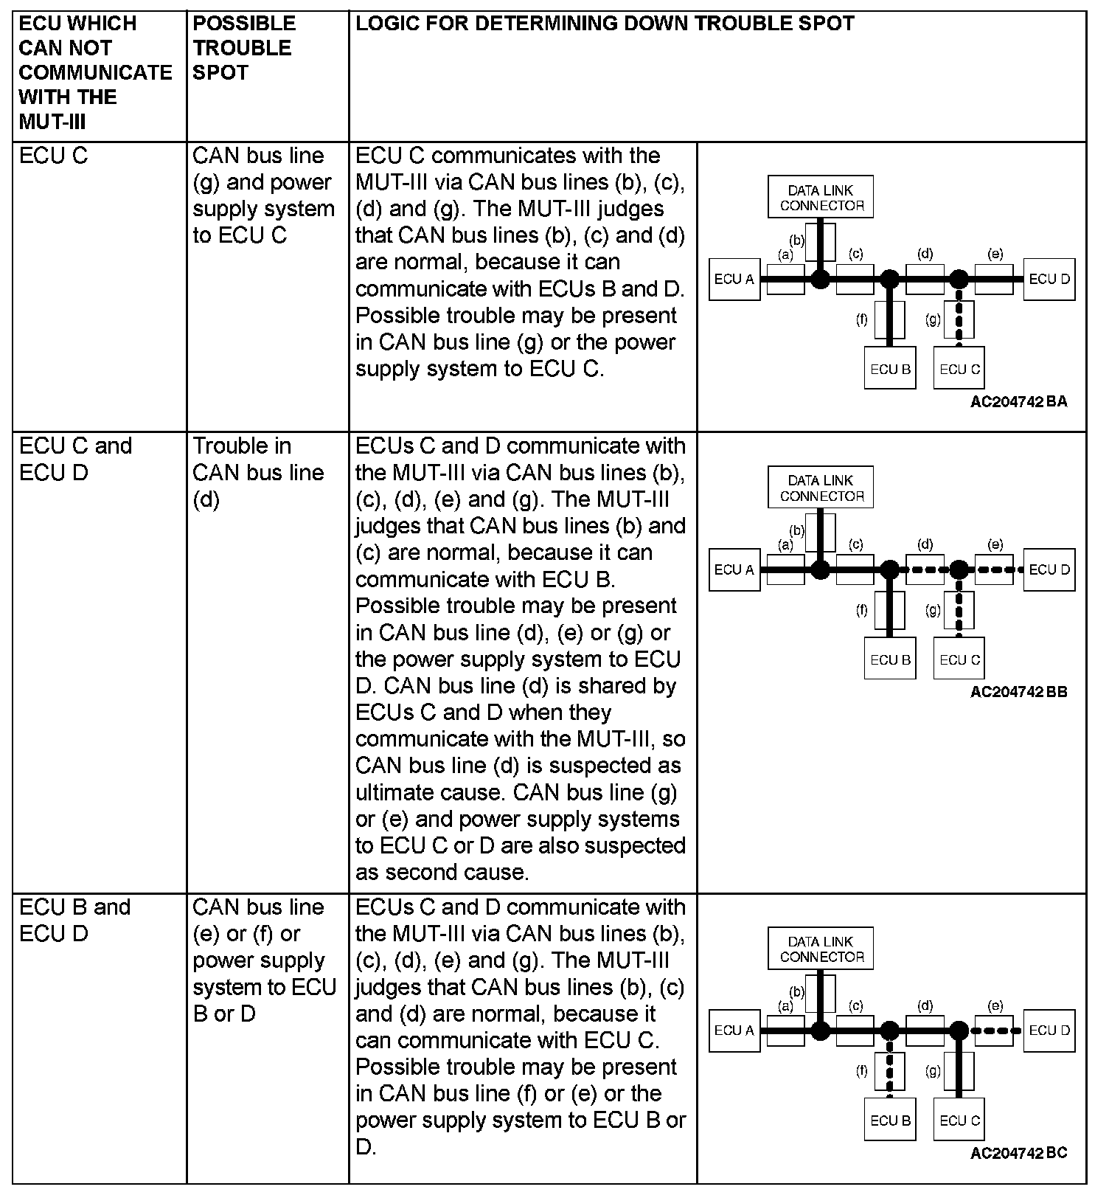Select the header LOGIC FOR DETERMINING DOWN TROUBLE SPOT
[x=605, y=24]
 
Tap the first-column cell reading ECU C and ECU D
[x=75, y=459]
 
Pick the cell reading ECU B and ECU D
[x=74, y=920]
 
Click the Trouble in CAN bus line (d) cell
[x=258, y=472]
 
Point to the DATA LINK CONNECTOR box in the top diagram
[x=821, y=198]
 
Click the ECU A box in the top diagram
[x=734, y=280]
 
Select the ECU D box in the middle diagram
[x=1049, y=569]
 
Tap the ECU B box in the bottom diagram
[x=890, y=1120]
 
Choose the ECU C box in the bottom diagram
[x=959, y=1120]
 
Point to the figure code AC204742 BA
[x=1018, y=402]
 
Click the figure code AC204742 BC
[x=1018, y=1153]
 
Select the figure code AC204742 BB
[x=1018, y=692]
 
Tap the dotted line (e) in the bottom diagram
[x=995, y=1031]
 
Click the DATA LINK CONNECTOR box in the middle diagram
[x=821, y=488]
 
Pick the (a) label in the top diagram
[x=785, y=254]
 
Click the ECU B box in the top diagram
[x=890, y=369]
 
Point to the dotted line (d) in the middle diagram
[x=925, y=569]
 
